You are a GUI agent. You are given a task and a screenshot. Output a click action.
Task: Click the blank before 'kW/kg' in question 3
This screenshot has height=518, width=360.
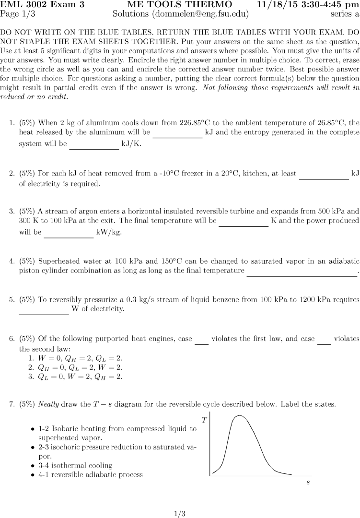click(69, 233)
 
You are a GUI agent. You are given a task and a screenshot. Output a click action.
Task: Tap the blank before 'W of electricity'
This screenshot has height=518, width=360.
click(44, 309)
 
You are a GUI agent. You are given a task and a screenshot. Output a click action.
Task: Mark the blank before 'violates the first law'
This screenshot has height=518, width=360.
click(201, 339)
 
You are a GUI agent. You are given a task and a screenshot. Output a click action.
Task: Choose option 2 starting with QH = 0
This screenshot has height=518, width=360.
click(80, 367)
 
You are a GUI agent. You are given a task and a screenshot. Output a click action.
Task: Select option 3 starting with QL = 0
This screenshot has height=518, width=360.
click(80, 377)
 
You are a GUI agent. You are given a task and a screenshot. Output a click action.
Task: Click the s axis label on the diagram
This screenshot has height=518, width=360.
click(308, 482)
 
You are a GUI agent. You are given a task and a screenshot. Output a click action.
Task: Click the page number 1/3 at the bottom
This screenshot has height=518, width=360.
click(180, 514)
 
